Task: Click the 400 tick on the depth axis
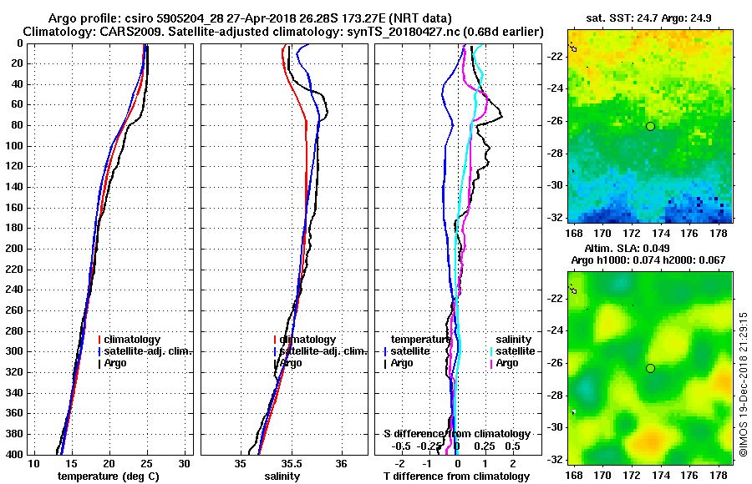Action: point(15,454)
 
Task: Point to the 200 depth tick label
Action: point(15,249)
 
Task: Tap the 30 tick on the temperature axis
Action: point(185,463)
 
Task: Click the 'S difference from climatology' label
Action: point(456,434)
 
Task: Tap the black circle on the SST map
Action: point(650,126)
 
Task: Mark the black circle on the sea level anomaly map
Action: point(650,368)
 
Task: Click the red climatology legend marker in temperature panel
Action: point(99,340)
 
